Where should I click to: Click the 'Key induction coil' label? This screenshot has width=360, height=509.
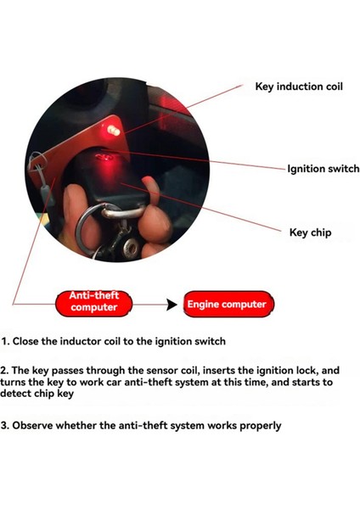coord(299,87)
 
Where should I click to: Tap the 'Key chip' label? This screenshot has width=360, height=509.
coord(310,232)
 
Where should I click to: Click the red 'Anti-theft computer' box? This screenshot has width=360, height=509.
coord(94,302)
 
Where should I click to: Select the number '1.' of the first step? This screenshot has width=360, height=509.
coord(5,342)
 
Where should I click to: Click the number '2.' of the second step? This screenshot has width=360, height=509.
coord(6,371)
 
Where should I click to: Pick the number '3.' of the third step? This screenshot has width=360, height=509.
coord(6,425)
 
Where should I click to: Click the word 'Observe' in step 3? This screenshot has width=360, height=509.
coord(37,425)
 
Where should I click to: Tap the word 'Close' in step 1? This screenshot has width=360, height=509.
coord(30,342)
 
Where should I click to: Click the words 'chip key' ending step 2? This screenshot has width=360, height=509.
coord(50,394)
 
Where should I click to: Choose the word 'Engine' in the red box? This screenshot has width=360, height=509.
coord(205,304)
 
